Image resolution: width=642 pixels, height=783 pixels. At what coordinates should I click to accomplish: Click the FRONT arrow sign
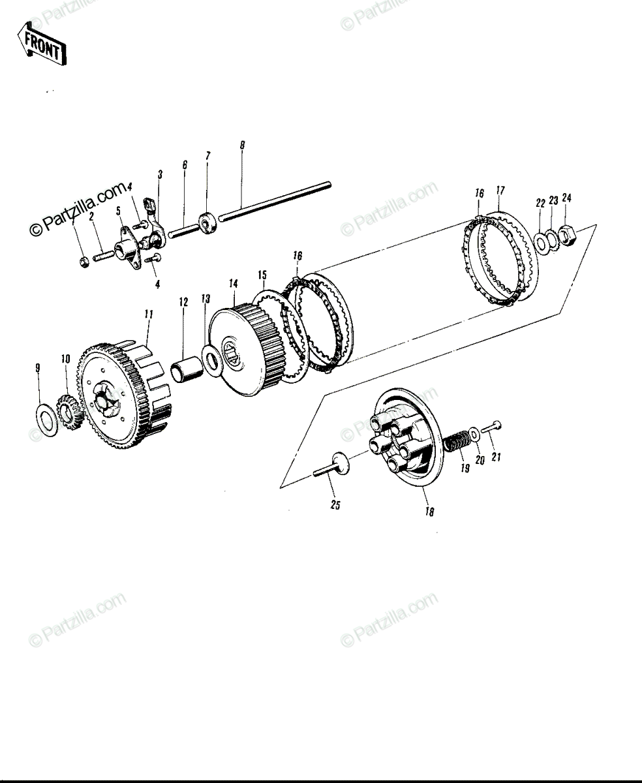(x=42, y=44)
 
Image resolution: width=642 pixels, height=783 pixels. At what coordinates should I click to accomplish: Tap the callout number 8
(x=243, y=145)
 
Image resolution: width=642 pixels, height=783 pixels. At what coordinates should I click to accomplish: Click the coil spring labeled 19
(x=457, y=440)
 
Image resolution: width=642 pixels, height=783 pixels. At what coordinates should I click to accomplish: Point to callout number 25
(x=335, y=505)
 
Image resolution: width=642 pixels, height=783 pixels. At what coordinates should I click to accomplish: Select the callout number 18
(x=429, y=512)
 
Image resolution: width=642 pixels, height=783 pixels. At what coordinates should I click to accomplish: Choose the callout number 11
(x=149, y=315)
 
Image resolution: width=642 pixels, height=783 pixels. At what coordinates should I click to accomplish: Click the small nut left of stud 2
(x=84, y=262)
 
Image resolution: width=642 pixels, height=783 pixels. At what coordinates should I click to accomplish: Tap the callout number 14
(x=233, y=284)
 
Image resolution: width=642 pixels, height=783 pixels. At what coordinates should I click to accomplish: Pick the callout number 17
(x=500, y=191)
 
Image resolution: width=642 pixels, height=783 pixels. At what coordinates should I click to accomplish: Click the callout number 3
(x=160, y=174)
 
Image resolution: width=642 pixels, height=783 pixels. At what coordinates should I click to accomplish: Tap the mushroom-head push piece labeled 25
(x=334, y=466)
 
